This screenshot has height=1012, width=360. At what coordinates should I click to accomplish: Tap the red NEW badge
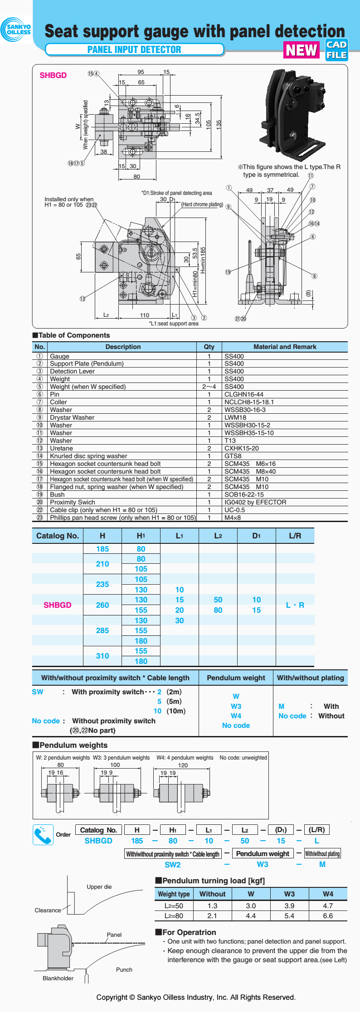pyautogui.click(x=301, y=50)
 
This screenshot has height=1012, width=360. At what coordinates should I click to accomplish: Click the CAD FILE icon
pyautogui.click(x=336, y=50)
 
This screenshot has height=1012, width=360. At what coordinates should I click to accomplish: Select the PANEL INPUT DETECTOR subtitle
pyautogui.click(x=134, y=50)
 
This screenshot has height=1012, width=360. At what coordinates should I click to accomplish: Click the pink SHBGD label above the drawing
pyautogui.click(x=53, y=75)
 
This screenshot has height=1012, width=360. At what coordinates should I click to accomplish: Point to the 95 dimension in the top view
pyautogui.click(x=141, y=72)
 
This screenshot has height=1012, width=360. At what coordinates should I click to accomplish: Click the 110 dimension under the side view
pyautogui.click(x=145, y=315)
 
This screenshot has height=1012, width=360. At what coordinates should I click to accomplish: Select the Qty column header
pyautogui.click(x=209, y=347)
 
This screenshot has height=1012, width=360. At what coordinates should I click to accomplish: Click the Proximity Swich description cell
pyautogui.click(x=73, y=502)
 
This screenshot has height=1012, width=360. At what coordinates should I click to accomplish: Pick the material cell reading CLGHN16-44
pyautogui.click(x=244, y=394)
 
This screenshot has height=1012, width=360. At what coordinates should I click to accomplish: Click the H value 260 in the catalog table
pyautogui.click(x=102, y=605)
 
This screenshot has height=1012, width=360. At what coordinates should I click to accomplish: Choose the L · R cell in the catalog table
pyautogui.click(x=295, y=605)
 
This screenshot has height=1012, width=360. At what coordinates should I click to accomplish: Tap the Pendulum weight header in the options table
pyautogui.click(x=236, y=678)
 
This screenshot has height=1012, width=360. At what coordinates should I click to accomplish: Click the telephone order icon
pyautogui.click(x=43, y=835)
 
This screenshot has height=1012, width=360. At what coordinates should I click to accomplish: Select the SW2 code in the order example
pyautogui.click(x=173, y=864)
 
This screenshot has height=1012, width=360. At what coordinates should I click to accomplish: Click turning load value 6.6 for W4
pyautogui.click(x=328, y=915)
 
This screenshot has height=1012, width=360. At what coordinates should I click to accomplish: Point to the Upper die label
pyautogui.click(x=99, y=886)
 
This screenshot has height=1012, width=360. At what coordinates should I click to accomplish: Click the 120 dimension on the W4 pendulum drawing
pyautogui.click(x=183, y=765)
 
